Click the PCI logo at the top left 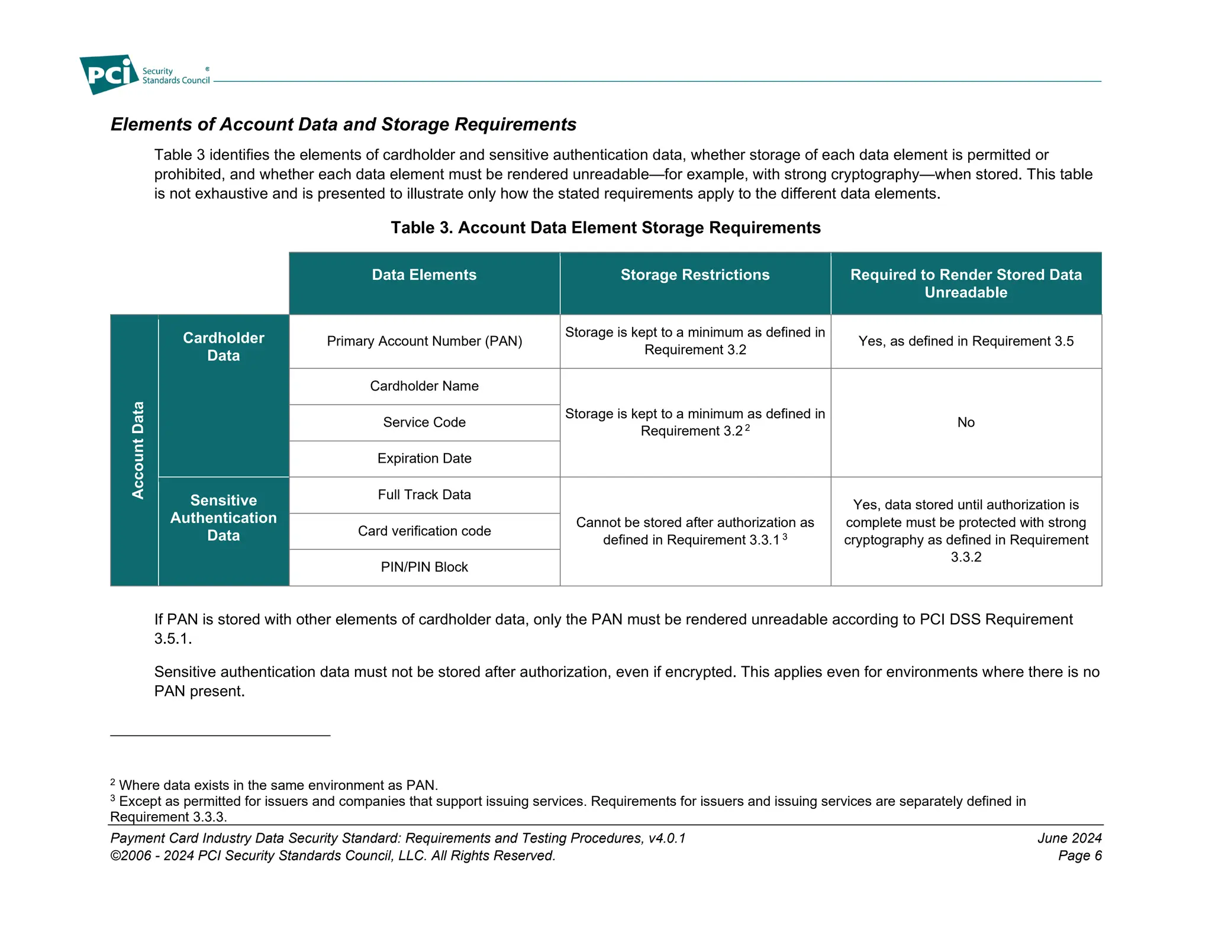click(x=110, y=75)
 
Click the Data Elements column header click(x=424, y=275)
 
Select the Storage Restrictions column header click(x=695, y=275)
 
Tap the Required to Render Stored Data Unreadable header click(x=965, y=283)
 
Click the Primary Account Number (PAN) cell click(x=424, y=341)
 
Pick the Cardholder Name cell click(x=424, y=386)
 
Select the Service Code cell click(x=424, y=422)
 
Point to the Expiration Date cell click(x=424, y=459)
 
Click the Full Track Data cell click(x=424, y=495)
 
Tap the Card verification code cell click(x=424, y=531)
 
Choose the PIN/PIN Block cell click(x=424, y=567)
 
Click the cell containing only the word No click(x=965, y=422)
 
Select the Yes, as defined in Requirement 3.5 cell click(x=965, y=341)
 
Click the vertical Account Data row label click(x=137, y=450)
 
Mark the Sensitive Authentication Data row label click(x=223, y=518)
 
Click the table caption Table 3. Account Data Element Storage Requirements click(x=605, y=228)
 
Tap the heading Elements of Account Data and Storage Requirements click(x=343, y=124)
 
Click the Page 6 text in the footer click(x=1079, y=856)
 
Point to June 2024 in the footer click(x=1069, y=838)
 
